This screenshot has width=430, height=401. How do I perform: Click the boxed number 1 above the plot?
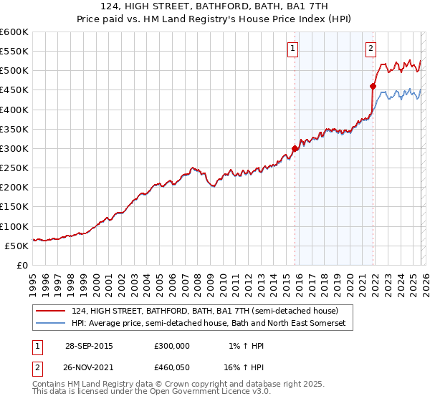294,49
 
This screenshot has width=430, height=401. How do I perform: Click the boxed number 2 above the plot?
371,49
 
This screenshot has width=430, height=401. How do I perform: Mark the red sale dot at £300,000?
295,149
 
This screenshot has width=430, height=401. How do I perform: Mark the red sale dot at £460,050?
373,87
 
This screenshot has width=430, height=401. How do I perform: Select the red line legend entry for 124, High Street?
209,311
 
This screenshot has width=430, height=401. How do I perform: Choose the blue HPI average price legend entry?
208,324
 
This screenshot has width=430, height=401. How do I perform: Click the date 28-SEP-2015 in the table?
89,345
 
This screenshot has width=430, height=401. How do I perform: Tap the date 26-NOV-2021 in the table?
89,367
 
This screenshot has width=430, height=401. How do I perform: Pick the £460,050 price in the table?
172,367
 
